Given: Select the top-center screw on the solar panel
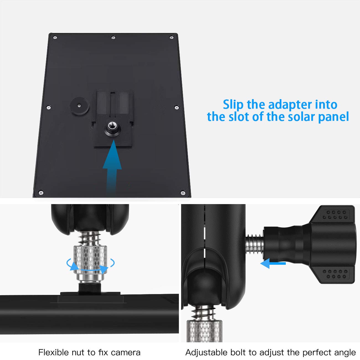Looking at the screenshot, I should coord(113,37).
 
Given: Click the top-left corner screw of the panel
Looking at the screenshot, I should coord(55,37).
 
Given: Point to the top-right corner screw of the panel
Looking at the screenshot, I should coord(172,37).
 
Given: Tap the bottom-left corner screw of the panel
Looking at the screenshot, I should coord(41,192).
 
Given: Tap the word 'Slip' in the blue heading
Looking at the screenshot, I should coord(233,105).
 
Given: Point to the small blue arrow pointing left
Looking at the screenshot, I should coord(273,264).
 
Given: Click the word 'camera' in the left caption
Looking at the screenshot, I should coord(125,353).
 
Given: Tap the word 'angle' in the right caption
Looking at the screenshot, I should coord(345,353).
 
